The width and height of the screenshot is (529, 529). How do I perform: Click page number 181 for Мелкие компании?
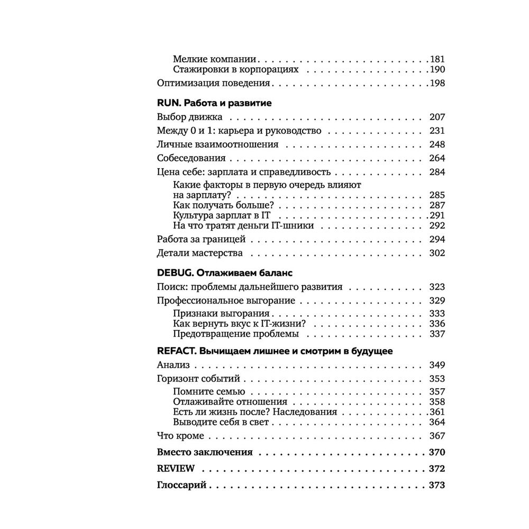coord(437,59)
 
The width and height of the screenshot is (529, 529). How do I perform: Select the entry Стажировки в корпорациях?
coord(235,69)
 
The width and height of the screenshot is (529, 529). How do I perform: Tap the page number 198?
coord(437,83)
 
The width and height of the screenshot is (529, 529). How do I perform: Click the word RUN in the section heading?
coord(169,103)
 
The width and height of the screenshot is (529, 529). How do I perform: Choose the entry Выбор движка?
coord(190,117)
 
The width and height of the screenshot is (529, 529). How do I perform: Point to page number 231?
coord(437,131)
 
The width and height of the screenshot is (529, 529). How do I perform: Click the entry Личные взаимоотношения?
coord(218,144)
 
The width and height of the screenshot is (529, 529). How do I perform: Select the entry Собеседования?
coord(191,158)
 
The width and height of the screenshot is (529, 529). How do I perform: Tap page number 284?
coord(437,172)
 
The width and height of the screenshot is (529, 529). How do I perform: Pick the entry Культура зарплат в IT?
coord(222,215)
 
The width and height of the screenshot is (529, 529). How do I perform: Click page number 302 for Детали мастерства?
coord(437,253)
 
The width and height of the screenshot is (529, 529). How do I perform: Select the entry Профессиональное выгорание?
coord(226,300)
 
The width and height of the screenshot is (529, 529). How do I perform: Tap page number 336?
coord(437,324)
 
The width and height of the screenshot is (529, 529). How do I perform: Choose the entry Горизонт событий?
coord(198,379)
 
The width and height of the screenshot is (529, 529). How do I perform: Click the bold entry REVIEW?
coord(176,469)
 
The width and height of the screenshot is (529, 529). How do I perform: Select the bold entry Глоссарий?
coord(181,485)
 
